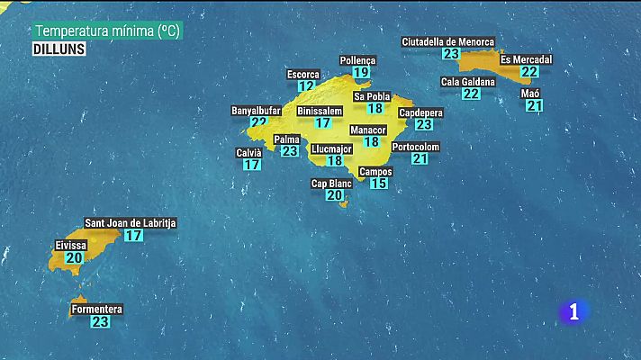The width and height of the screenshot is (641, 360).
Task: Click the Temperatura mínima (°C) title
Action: (x=107, y=31)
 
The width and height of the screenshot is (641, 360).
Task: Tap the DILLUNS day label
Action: (x=59, y=49)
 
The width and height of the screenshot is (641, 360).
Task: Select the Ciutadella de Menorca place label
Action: (x=447, y=41)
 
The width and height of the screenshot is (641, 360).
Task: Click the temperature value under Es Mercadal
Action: (x=529, y=72)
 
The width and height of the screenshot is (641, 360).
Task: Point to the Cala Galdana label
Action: (x=467, y=82)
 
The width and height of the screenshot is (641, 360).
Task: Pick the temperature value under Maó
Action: (x=535, y=105)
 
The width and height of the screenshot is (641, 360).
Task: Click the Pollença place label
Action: (x=357, y=60)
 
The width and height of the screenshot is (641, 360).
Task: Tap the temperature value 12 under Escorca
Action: (x=306, y=86)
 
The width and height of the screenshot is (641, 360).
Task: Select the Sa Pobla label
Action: (x=372, y=96)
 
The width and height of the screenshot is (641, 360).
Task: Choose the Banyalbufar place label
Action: (x=256, y=111)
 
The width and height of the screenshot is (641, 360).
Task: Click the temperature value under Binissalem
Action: (x=323, y=122)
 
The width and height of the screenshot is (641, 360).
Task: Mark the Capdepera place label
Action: (x=420, y=113)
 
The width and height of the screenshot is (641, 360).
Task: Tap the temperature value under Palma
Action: (x=289, y=151)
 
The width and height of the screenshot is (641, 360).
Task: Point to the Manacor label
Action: (x=367, y=130)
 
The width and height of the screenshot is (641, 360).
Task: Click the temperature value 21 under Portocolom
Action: (x=420, y=158)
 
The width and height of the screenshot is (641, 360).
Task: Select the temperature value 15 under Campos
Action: (x=379, y=183)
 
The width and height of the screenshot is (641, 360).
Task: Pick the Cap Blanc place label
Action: (x=331, y=184)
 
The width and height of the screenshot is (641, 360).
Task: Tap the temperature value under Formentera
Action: (x=100, y=320)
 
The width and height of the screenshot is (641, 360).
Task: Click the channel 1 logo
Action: (x=573, y=311)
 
